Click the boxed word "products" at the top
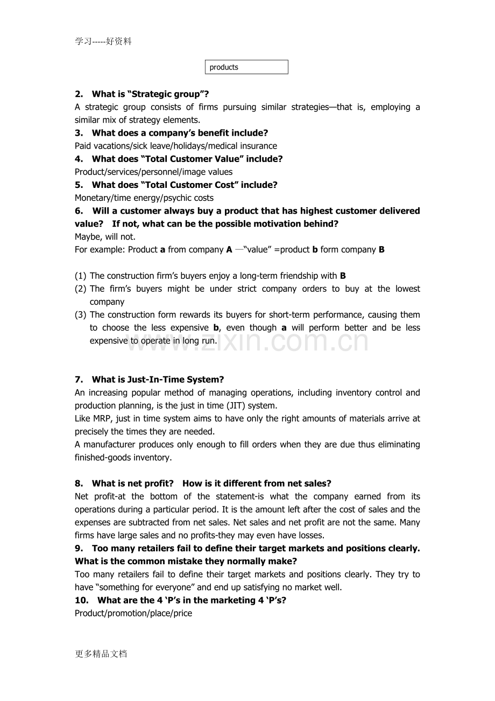pyautogui.click(x=224, y=67)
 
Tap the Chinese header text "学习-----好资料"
pyautogui.click(x=103, y=41)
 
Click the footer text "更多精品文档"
pyautogui.click(x=101, y=654)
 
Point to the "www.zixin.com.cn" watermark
pyautogui.click(x=247, y=341)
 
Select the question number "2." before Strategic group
pyautogui.click(x=79, y=94)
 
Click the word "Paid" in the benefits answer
pyautogui.click(x=84, y=146)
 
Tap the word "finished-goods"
pyautogui.click(x=101, y=457)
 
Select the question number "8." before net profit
pyautogui.click(x=79, y=483)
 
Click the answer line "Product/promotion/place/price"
pyautogui.click(x=133, y=613)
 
